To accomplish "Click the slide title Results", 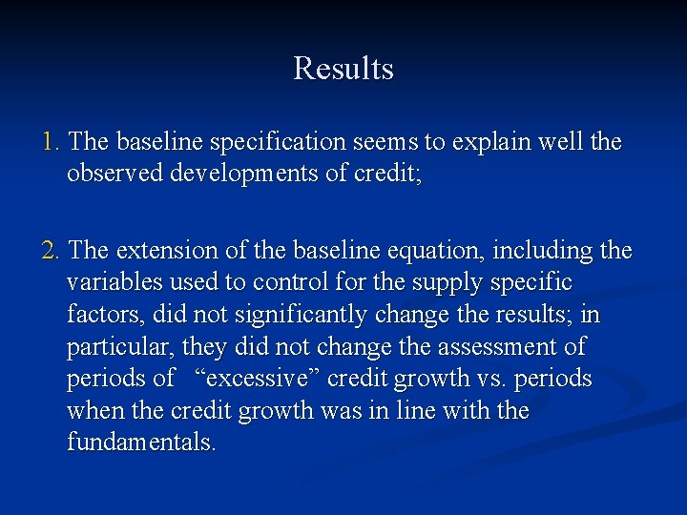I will pos(343,69).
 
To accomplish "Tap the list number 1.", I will pos(51,142).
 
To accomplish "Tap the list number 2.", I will pos(51,251).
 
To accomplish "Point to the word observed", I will pos(113,175).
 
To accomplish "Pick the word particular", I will pos(118,348).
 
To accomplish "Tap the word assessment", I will pos(505,348).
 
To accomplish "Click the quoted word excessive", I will pos(260,380).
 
